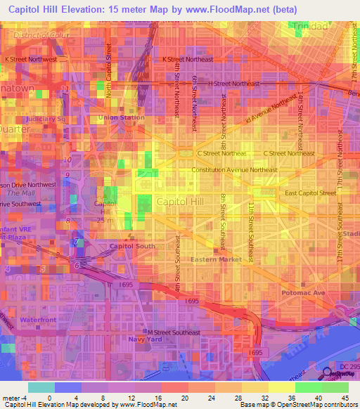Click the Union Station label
coord(121,117)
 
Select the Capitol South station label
coord(131,246)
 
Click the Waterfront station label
coord(37,320)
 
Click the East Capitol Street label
coord(311,192)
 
